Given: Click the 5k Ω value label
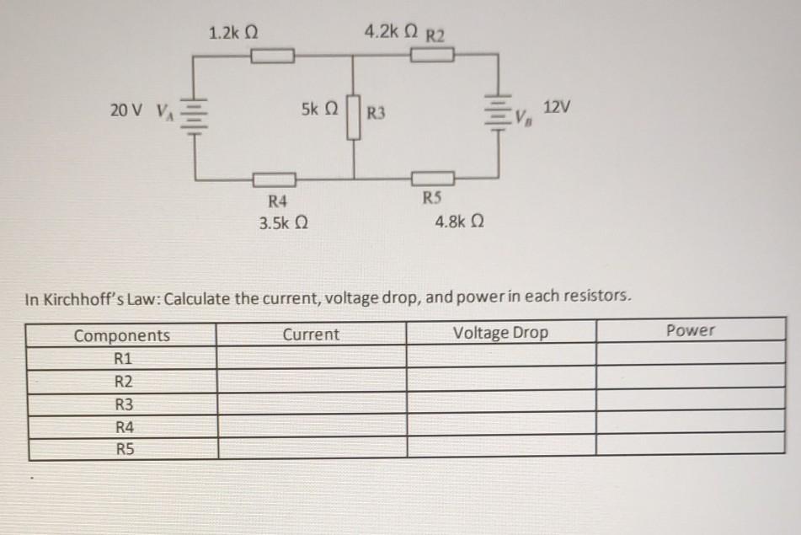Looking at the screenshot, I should point(319,110).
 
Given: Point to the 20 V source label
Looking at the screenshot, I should point(127,110).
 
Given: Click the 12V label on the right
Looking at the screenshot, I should point(557,108).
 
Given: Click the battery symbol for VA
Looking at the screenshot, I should point(194,114).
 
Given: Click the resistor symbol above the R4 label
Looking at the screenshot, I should point(276,179).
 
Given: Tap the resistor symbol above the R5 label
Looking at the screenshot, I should point(433,178).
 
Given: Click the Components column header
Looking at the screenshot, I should point(122,335).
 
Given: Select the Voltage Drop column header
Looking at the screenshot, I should point(500,333).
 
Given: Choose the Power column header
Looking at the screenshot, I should point(690,330).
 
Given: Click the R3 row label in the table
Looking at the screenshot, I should point(124,404).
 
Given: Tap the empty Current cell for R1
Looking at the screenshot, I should point(311,357).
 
